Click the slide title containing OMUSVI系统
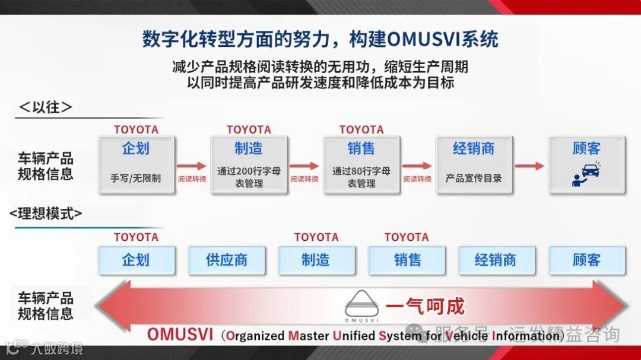click(x=320, y=39)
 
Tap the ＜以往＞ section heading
click(x=46, y=107)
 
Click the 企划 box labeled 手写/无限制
click(x=136, y=164)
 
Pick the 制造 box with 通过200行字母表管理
click(x=249, y=164)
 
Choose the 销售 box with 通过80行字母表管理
click(x=361, y=164)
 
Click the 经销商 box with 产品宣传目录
click(x=474, y=164)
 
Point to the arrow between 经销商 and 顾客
click(x=529, y=166)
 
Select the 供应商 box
click(x=226, y=260)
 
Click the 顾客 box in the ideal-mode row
click(x=586, y=260)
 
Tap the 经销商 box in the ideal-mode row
click(x=496, y=260)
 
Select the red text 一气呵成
click(x=425, y=307)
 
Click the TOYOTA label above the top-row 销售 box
click(x=361, y=129)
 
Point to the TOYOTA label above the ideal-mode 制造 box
click(x=316, y=237)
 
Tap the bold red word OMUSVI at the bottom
click(x=179, y=334)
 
